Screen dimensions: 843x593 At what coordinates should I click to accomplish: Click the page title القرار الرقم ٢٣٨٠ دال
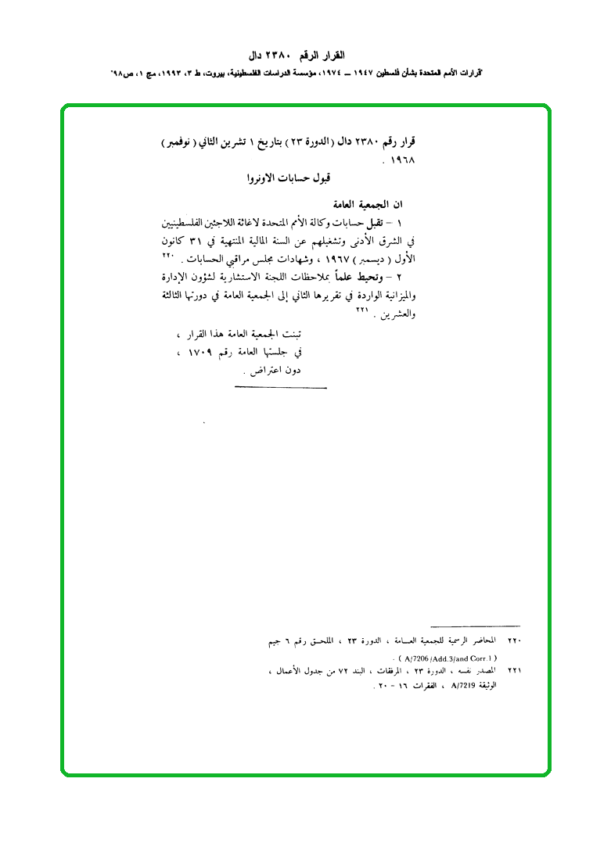click(x=301, y=56)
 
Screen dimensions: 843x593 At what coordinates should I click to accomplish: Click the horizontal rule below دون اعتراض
click(x=280, y=387)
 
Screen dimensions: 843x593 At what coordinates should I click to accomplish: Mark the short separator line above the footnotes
click(x=475, y=626)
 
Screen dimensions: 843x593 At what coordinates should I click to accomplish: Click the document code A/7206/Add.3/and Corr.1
click(x=447, y=658)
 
